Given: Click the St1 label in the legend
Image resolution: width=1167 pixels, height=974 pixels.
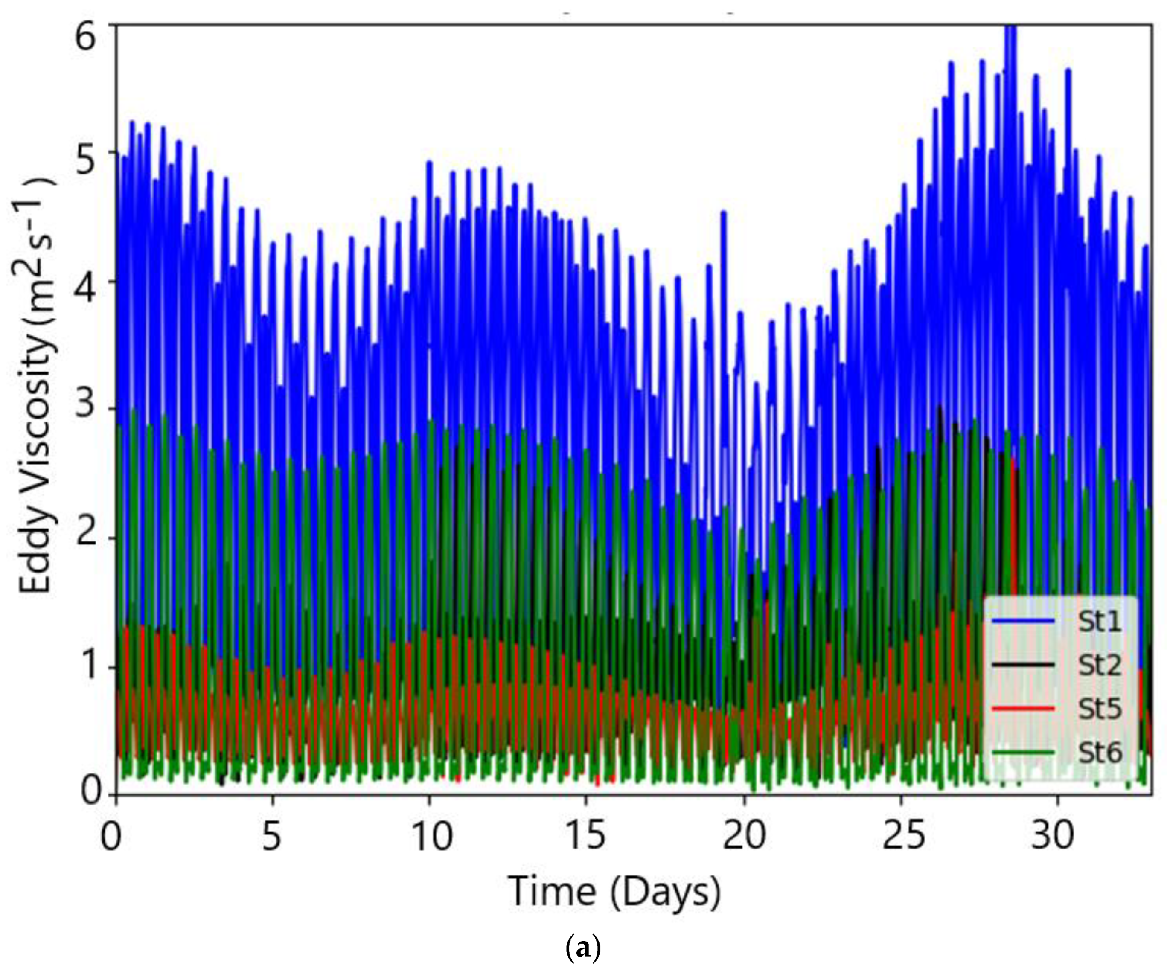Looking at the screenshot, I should pyautogui.click(x=1100, y=622).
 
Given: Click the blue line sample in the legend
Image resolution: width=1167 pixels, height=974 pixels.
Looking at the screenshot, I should pyautogui.click(x=1023, y=622).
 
